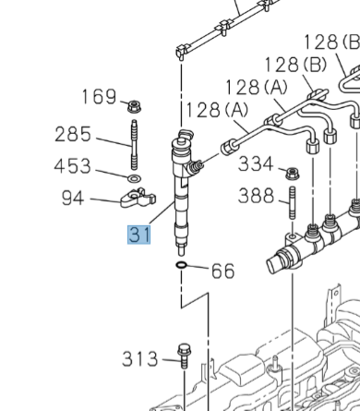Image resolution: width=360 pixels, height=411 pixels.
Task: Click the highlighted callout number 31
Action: coord(139,235)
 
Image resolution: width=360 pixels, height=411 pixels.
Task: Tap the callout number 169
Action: coord(99,96)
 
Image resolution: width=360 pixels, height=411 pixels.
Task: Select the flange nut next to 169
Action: coord(134,106)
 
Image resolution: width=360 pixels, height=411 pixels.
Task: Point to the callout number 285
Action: coord(73,134)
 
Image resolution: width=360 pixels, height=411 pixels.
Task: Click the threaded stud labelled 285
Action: coord(134,145)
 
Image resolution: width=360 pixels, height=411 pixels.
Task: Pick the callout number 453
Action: coord(73,166)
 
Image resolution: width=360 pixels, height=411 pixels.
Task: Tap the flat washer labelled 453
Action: coord(134,178)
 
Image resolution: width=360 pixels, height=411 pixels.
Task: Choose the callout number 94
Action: coord(73,198)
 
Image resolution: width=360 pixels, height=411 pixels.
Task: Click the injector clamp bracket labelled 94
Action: coord(138,199)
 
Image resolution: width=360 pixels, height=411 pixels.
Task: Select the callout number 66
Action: coord(223,271)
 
